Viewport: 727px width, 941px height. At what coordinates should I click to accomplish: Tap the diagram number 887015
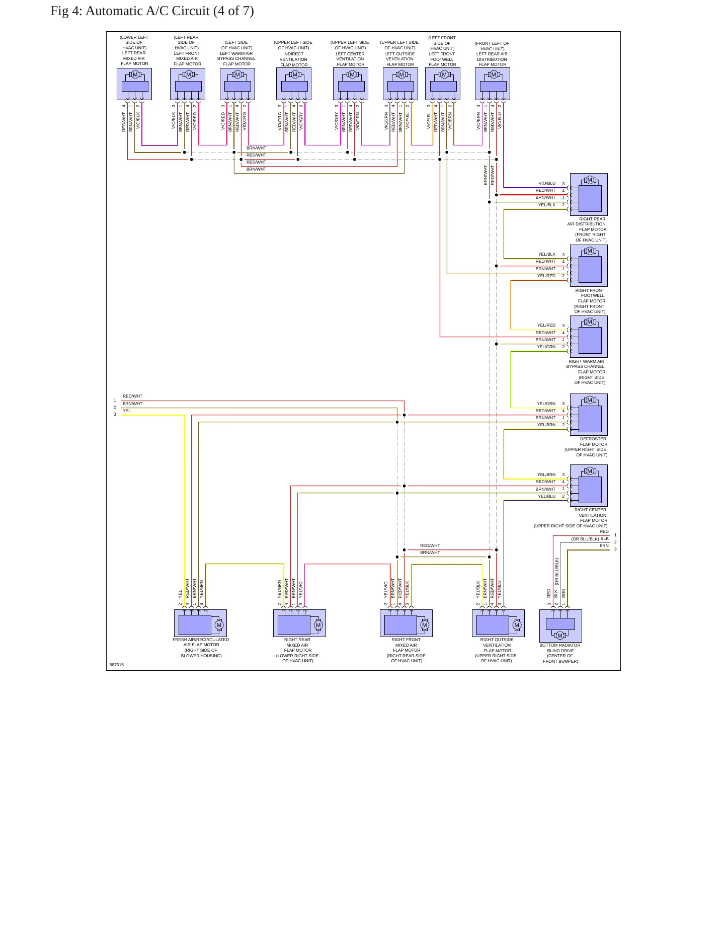116,665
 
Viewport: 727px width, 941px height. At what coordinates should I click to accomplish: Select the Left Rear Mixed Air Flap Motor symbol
134,84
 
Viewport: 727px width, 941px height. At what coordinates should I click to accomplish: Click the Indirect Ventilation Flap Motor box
294,84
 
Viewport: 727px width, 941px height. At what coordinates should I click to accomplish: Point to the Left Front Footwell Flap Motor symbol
443,84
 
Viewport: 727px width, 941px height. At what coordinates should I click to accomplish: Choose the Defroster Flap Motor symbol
589,415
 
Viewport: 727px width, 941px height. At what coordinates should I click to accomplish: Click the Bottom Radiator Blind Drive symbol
560,625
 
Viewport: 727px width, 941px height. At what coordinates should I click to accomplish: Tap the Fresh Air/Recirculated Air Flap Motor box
200,623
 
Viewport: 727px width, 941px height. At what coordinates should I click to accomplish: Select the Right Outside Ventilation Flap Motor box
498,623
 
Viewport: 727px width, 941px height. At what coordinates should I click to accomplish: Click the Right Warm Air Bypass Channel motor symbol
589,337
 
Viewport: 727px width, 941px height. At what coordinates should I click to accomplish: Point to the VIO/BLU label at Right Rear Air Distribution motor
547,184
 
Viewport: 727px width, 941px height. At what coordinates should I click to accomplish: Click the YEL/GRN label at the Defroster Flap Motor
546,404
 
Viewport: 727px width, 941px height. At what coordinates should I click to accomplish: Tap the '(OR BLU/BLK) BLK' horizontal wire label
590,539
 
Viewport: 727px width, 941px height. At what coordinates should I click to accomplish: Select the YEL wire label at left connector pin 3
127,411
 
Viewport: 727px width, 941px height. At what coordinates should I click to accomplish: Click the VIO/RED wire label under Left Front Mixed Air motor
195,121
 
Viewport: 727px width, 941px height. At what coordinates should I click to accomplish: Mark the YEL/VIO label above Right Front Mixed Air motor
386,590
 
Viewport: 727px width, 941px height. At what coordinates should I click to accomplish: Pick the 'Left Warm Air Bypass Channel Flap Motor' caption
236,53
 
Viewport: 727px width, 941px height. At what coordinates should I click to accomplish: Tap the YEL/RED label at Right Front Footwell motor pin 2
546,276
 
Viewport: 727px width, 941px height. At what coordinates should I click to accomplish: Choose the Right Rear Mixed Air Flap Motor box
299,623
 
